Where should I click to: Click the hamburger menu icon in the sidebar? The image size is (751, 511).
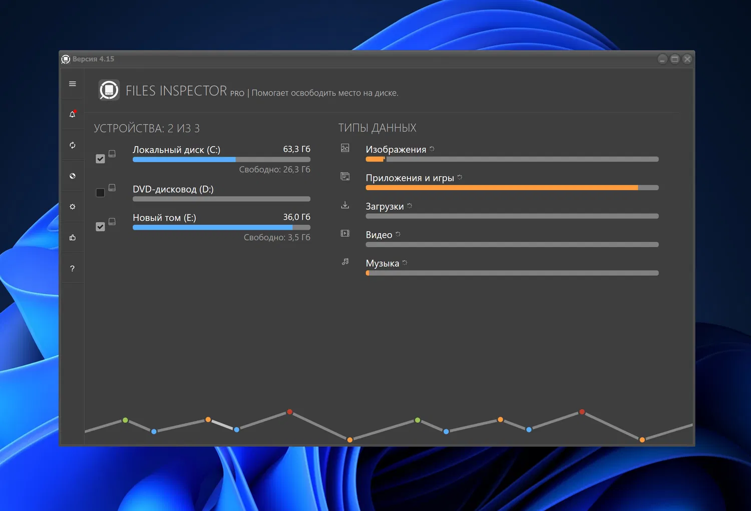tap(73, 84)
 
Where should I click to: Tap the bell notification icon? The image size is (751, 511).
tap(73, 115)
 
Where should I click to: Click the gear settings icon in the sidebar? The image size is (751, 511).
tap(73, 207)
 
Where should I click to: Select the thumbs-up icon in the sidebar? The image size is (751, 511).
tap(73, 238)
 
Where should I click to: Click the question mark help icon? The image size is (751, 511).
tap(73, 269)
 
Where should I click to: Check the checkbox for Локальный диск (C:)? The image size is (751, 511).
tap(100, 159)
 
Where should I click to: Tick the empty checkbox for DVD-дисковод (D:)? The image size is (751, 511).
tap(100, 193)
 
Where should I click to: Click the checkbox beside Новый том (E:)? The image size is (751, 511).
tap(100, 227)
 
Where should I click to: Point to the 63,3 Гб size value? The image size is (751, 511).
tap(296, 149)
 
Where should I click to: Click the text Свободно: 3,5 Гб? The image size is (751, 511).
tap(277, 237)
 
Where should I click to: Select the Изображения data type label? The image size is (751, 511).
tap(396, 150)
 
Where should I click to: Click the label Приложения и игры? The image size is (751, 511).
tap(410, 178)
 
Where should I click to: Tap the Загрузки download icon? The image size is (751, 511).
tap(345, 205)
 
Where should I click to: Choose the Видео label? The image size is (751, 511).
tap(379, 235)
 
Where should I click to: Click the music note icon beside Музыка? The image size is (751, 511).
tap(345, 262)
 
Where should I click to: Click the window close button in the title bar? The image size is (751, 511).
tap(687, 59)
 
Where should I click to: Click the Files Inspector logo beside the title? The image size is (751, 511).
tap(109, 90)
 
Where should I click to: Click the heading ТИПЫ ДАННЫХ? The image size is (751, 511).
tap(377, 128)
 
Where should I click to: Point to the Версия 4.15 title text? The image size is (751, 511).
tap(93, 59)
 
